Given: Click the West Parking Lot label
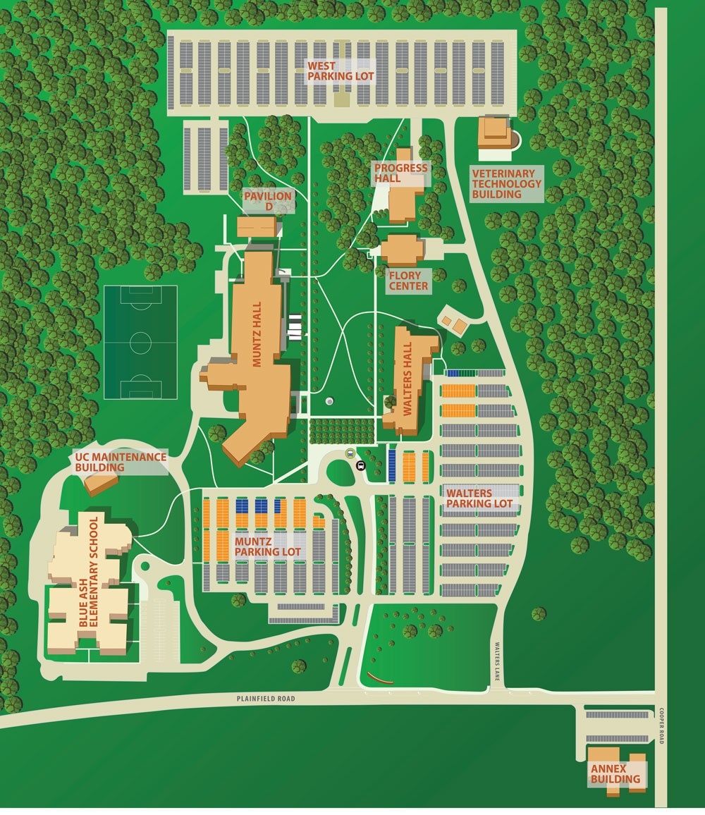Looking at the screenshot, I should tap(341, 71).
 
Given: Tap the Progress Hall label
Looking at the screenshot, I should tap(401, 173).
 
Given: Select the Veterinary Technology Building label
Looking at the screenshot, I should tap(507, 184).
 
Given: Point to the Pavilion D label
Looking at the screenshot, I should tap(268, 201).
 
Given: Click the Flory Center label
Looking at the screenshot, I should tap(408, 281).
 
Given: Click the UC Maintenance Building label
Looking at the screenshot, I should tap(121, 462).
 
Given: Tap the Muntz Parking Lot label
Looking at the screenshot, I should tap(268, 547).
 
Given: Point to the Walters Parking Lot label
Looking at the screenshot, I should tap(479, 498).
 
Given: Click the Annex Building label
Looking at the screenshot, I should tap(615, 773).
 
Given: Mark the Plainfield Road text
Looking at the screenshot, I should tap(266, 699).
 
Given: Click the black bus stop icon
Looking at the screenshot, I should tap(361, 465).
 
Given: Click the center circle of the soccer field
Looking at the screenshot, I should tap(140, 343).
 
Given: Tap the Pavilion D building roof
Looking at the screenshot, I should tap(256, 227).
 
